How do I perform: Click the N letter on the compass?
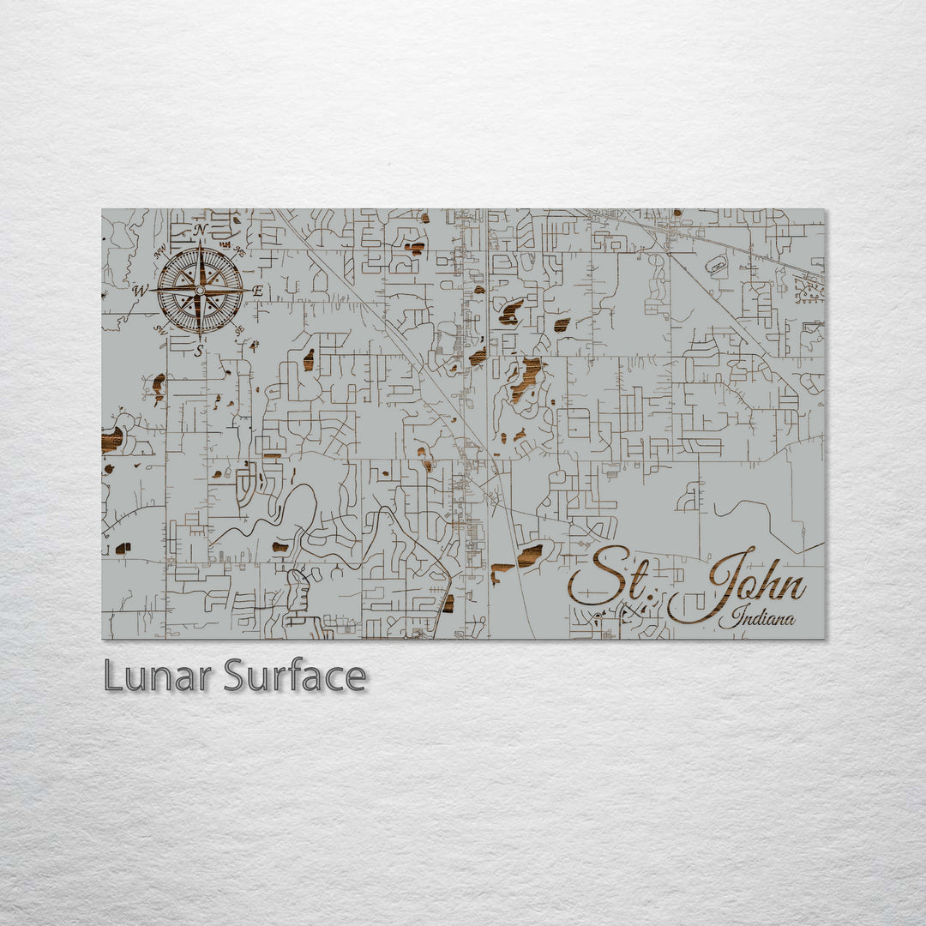pyautogui.click(x=200, y=230)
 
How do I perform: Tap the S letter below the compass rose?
pyautogui.click(x=199, y=350)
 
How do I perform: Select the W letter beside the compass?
pyautogui.click(x=140, y=290)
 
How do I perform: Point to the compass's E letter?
pyautogui.click(x=257, y=292)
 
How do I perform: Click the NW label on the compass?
pyautogui.click(x=159, y=253)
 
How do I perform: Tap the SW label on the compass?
pyautogui.click(x=159, y=328)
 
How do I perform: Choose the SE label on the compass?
pyautogui.click(x=240, y=328)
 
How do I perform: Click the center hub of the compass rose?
pyautogui.click(x=200, y=290)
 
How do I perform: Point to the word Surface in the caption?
pyautogui.click(x=295, y=676)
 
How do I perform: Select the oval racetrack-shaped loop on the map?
pyautogui.click(x=716, y=265)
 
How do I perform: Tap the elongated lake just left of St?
pyautogui.click(x=529, y=556)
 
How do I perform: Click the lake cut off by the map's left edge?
pyautogui.click(x=111, y=441)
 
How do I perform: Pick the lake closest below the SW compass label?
pyautogui.click(x=159, y=386)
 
